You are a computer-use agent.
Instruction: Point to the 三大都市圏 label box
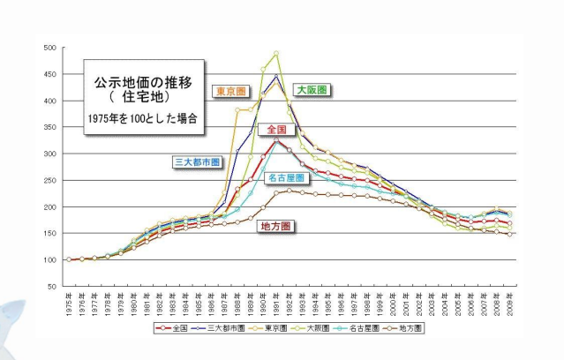[198, 162]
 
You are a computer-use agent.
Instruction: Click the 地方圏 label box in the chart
[276, 226]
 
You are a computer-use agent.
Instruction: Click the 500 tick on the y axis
[50, 48]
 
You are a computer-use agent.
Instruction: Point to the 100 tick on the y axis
[50, 260]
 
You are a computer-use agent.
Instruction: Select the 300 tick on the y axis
[50, 154]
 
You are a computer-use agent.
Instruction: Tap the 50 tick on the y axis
[52, 287]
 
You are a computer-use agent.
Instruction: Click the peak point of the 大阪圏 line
[276, 54]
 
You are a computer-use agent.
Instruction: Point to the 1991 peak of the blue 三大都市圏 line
[276, 77]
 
